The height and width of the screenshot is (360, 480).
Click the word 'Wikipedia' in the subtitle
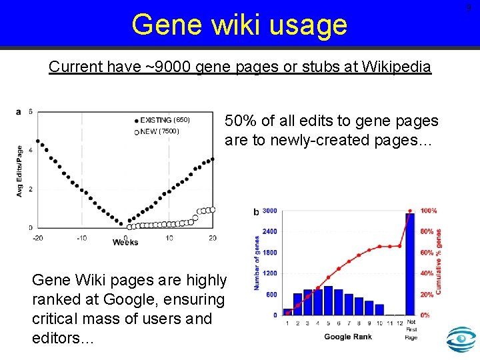point(393,67)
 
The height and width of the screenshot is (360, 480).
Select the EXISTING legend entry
point(162,120)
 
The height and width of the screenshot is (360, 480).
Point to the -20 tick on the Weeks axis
point(38,238)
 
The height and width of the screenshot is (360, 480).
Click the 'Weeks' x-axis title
point(125,242)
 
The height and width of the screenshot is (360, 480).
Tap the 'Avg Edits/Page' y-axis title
point(20,171)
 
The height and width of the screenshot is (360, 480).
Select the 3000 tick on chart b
point(269,211)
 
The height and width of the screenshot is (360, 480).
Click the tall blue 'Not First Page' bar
point(410,263)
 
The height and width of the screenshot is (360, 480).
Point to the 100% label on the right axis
point(429,211)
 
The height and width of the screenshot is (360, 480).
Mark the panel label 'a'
point(18,111)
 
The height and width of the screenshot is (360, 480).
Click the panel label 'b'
point(257,212)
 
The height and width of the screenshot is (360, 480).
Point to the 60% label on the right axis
point(427,253)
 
